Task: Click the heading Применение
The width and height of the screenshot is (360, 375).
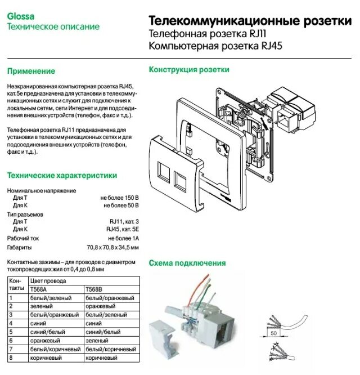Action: point(31,72)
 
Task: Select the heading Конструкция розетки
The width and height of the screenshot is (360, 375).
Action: point(188,70)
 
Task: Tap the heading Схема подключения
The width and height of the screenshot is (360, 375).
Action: point(187,263)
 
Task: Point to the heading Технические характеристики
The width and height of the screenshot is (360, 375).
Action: point(61,176)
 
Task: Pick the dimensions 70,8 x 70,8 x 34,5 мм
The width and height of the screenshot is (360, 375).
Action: point(112,247)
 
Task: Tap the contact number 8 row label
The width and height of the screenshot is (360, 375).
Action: point(11,358)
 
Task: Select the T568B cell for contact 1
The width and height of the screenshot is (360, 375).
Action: point(109,297)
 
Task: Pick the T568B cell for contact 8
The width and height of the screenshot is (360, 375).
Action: point(101,358)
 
